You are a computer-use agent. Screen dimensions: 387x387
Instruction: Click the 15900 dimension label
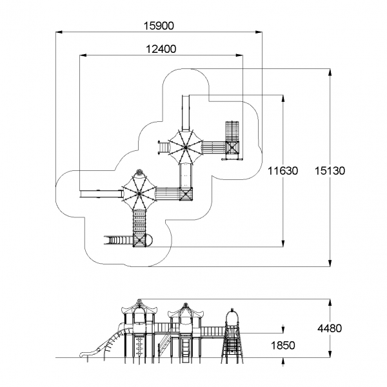pos(159,26)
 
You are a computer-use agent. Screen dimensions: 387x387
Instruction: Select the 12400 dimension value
pos(161,49)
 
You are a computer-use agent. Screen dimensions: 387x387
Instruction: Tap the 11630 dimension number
pos(283,171)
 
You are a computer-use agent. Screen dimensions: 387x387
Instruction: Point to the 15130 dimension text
pos(330,171)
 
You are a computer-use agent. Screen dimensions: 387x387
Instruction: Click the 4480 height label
pos(330,328)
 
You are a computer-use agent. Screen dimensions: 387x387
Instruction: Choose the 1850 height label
pos(283,346)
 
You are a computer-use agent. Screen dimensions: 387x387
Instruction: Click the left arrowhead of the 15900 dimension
pos(59,32)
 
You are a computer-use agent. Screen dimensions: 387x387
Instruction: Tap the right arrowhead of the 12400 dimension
pos(239,55)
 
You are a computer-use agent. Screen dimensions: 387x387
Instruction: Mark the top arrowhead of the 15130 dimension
pos(330,72)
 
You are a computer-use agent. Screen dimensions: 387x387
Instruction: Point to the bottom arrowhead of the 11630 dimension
pos(283,243)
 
